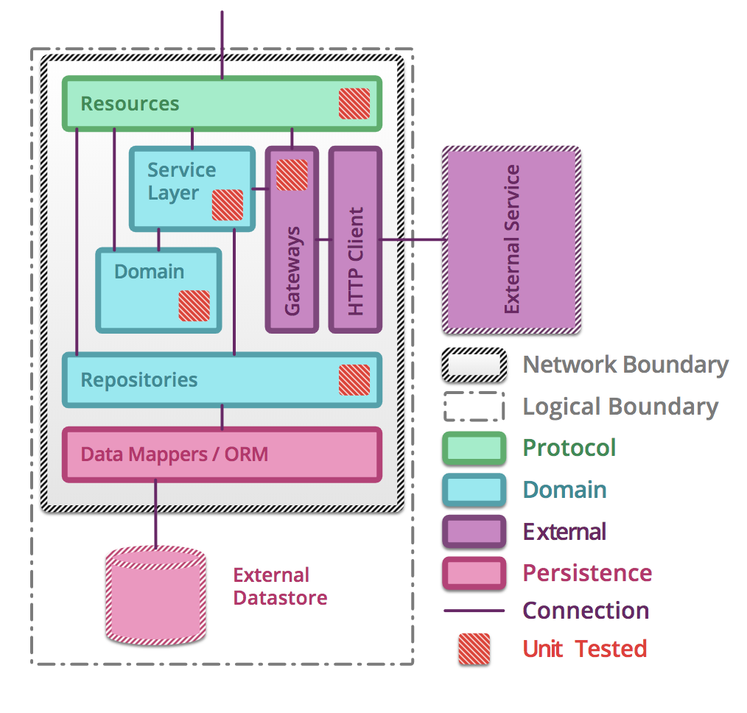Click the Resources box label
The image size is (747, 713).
130,104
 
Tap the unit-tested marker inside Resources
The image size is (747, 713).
354,103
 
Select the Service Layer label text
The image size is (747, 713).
181,181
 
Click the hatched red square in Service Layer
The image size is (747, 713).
227,205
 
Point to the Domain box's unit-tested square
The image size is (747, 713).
194,305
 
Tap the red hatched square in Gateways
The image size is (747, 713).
292,175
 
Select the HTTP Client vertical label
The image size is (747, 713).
356,261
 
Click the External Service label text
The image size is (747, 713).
511,239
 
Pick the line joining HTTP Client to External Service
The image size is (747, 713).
413,239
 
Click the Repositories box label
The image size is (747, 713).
139,380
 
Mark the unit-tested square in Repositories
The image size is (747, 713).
354,379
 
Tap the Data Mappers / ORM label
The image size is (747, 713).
174,454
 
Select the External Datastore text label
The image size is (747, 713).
280,586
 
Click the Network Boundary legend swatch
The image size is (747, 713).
474,365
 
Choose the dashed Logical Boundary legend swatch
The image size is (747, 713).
474,407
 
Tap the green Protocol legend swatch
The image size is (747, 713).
474,449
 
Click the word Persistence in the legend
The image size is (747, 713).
587,573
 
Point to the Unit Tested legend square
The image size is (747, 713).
474,649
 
